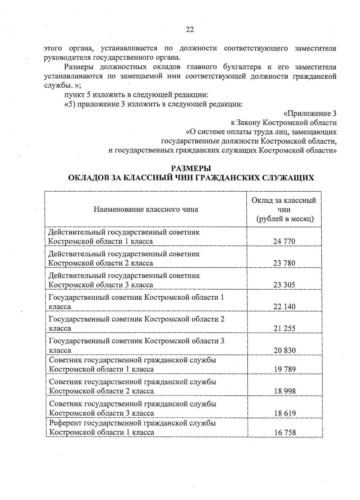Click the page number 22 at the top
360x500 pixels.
tap(190, 29)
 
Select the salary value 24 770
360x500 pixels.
tap(284, 241)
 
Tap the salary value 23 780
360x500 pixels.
tap(284, 263)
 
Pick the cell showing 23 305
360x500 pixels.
tap(284, 285)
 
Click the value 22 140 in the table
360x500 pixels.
tap(284, 307)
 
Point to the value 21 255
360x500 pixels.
tap(284, 328)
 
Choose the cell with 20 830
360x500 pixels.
tap(284, 350)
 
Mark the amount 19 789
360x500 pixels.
tap(284, 369)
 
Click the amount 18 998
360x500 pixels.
tap(284, 391)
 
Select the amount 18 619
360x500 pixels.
tap(284, 413)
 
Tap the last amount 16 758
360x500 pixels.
tap(284, 432)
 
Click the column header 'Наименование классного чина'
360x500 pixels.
tap(146, 209)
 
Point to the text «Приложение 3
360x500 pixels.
tap(310, 114)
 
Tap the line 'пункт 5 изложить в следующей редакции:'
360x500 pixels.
tap(136, 95)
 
